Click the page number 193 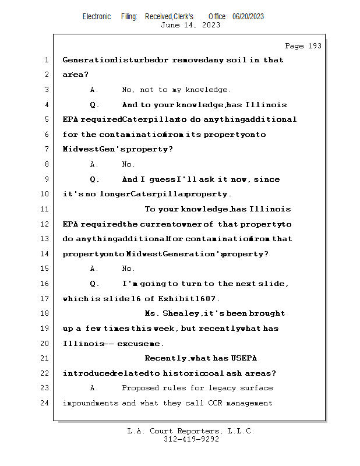pos(313,46)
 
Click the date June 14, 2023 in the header pos(190,25)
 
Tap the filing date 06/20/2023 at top pos(248,16)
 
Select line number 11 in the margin pos(45,209)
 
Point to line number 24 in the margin pos(45,403)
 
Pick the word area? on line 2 pos(75,75)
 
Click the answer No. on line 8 pos(128,164)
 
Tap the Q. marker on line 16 pos(95,284)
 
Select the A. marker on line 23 pos(94,388)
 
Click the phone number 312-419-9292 pos(191,439)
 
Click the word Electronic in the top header pos(97,16)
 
